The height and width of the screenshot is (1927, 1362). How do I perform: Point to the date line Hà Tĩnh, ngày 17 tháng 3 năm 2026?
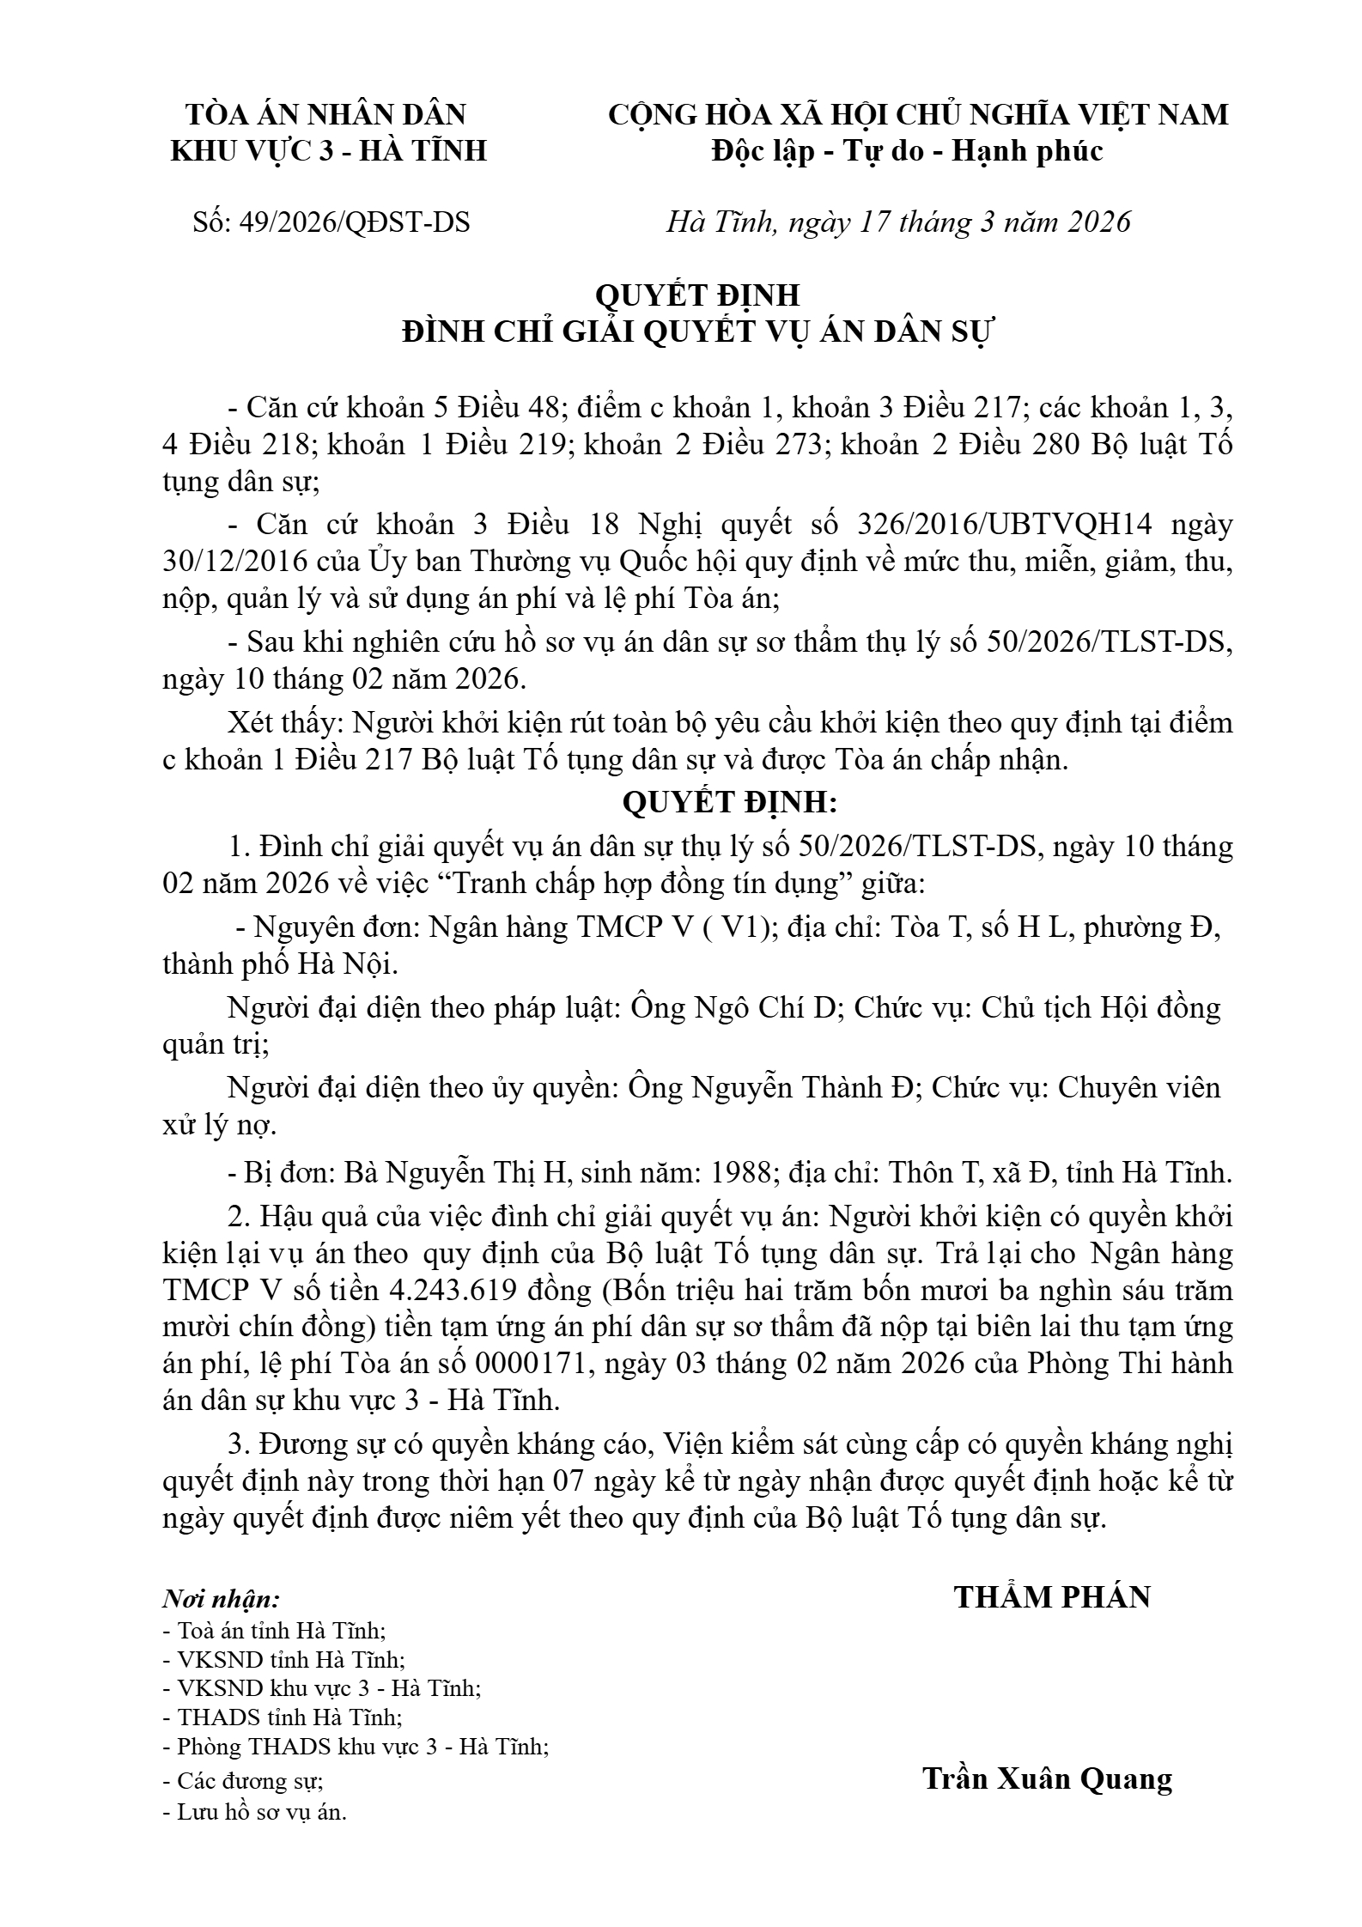[x=899, y=222]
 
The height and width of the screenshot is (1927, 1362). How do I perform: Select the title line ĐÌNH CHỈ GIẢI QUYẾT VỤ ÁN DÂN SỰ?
[x=697, y=331]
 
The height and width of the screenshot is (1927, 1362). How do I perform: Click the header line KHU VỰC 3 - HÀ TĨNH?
[x=329, y=151]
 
